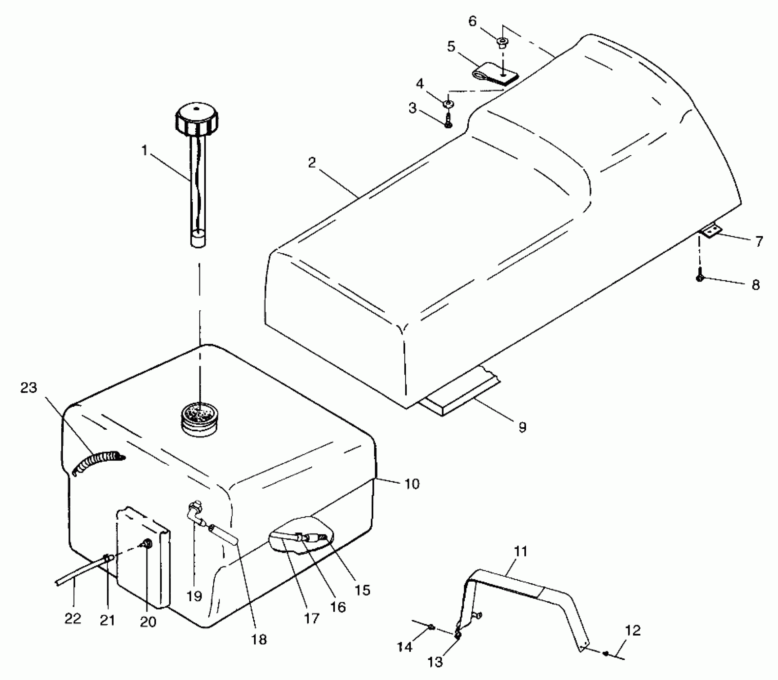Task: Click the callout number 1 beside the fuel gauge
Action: coord(144,151)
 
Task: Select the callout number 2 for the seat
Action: coord(312,162)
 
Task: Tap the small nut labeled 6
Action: coord(502,42)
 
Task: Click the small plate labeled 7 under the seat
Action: coord(710,231)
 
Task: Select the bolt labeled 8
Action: coord(700,278)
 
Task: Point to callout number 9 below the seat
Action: coord(522,427)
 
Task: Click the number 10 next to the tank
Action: coord(412,484)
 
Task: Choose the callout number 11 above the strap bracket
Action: coord(520,552)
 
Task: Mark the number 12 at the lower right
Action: coord(632,631)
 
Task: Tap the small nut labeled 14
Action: coord(432,627)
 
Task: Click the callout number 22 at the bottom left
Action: coord(73,618)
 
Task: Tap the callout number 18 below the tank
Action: coord(259,639)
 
